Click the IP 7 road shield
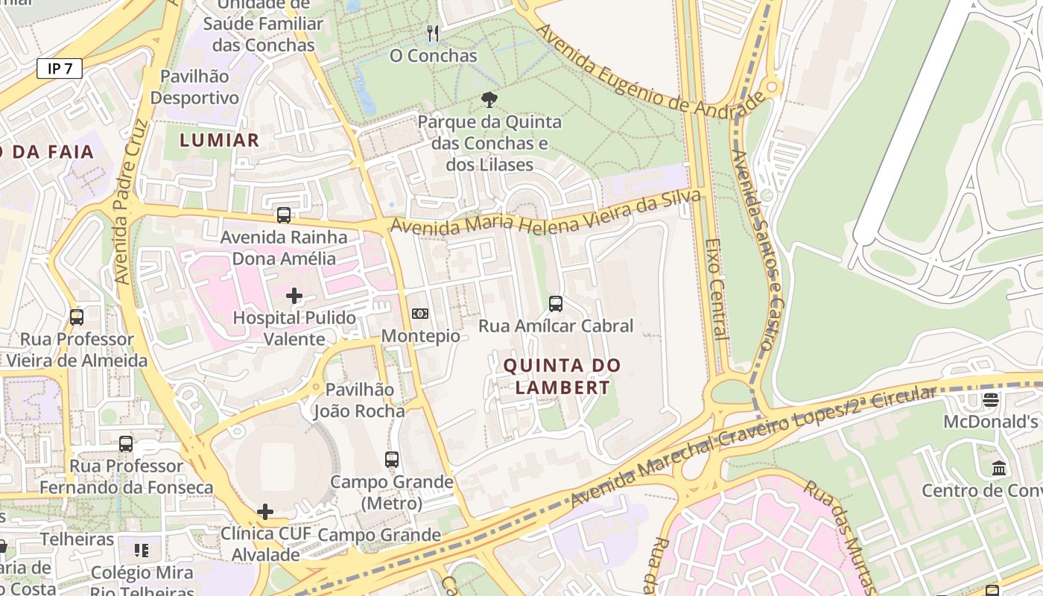(x=60, y=69)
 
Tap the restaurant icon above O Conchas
(x=433, y=33)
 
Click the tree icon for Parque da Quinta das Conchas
(x=489, y=99)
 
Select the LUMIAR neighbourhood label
(x=220, y=140)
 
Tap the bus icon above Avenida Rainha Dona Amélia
(x=284, y=215)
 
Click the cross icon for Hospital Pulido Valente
(x=294, y=296)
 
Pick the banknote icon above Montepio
(x=420, y=314)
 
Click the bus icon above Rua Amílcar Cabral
(x=556, y=303)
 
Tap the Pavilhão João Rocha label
(x=359, y=400)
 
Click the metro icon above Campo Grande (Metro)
(x=392, y=459)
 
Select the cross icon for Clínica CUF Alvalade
(x=265, y=512)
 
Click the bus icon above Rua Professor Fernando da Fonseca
(x=126, y=444)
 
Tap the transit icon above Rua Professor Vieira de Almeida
(x=77, y=317)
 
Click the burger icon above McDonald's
(x=990, y=400)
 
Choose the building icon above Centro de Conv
(x=999, y=469)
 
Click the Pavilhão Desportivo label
(x=194, y=87)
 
